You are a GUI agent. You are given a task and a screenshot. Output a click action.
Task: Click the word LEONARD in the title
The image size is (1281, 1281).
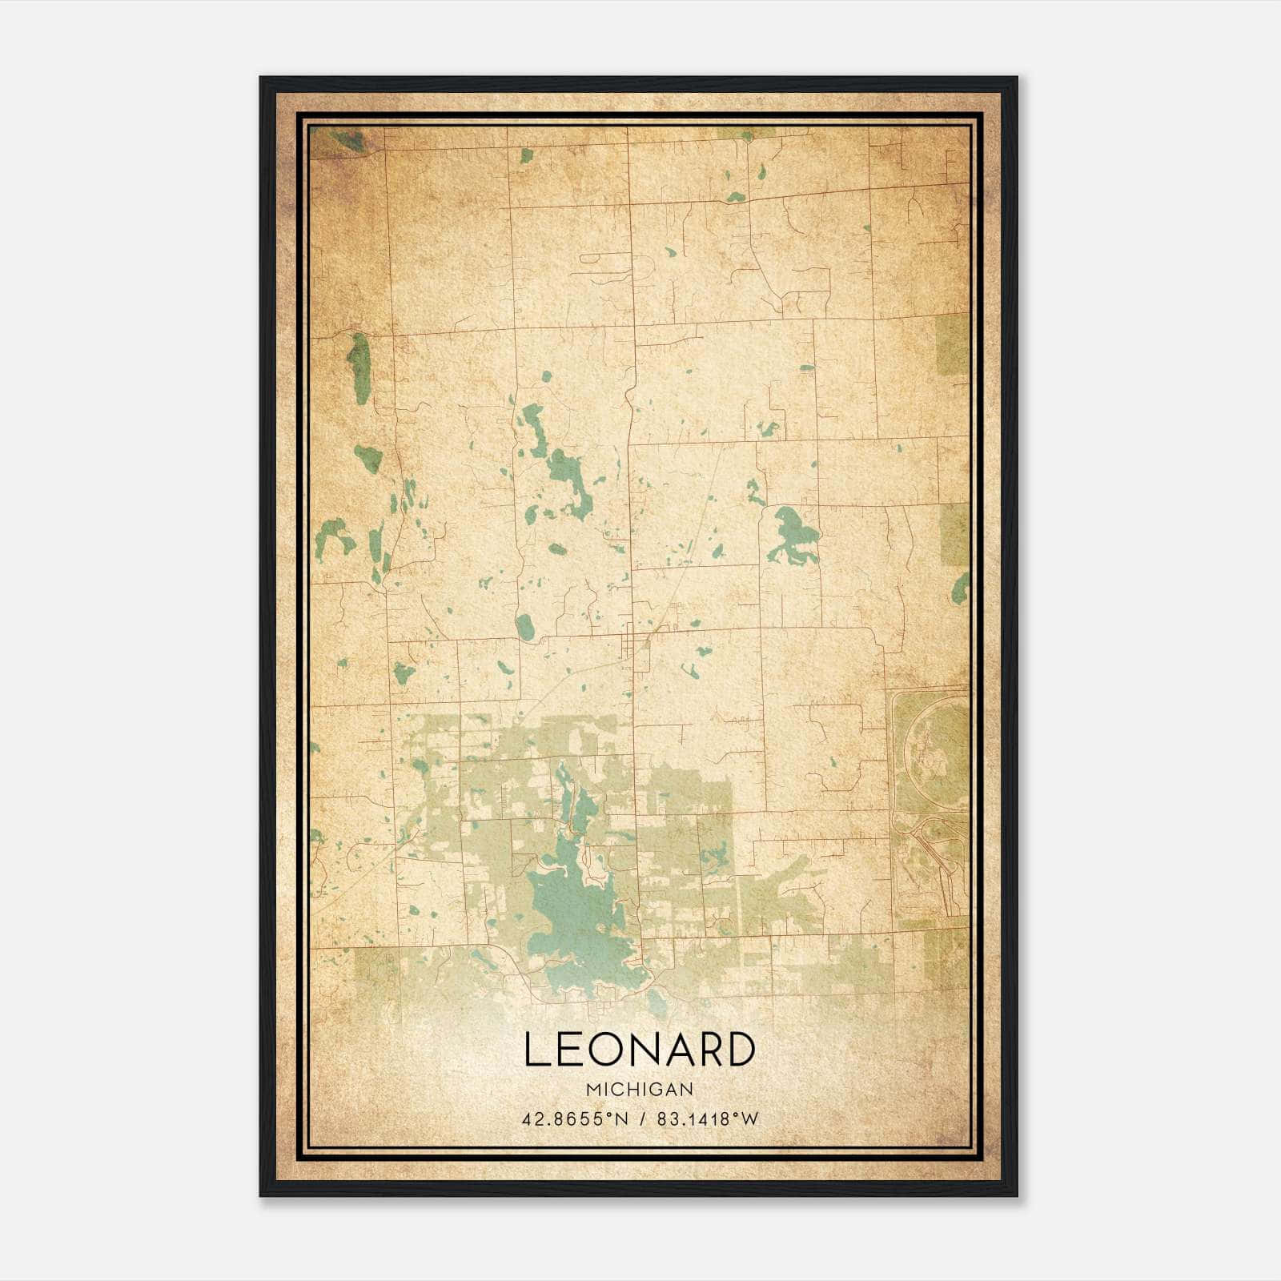pos(639,1050)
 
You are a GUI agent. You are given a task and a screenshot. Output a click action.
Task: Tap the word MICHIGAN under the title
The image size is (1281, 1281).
pos(639,1090)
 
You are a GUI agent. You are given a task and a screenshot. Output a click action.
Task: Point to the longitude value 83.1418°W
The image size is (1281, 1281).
pos(707,1119)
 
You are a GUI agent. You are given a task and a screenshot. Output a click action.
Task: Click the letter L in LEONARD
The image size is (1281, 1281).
pos(537,1050)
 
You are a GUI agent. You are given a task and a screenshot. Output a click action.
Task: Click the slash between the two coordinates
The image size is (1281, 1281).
pos(642,1119)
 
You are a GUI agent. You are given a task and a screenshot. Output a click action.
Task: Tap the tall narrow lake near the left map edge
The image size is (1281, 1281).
pos(359,368)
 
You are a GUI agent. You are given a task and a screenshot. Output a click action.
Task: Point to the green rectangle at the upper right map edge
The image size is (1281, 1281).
pos(952,344)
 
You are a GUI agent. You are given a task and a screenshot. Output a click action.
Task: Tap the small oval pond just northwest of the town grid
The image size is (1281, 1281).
pos(525,627)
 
